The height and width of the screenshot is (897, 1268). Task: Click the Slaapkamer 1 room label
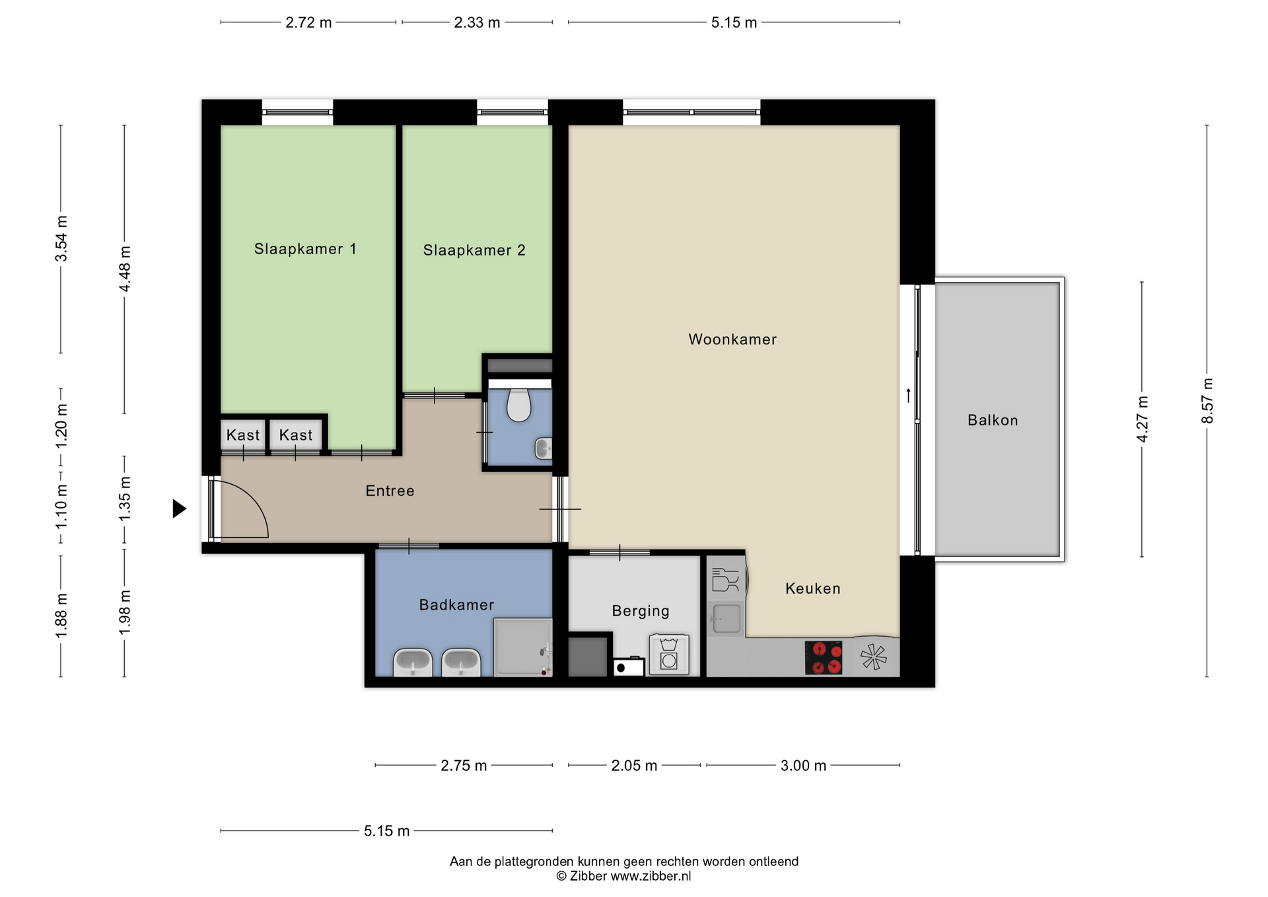tap(305, 249)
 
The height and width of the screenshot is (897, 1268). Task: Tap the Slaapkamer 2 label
tap(474, 250)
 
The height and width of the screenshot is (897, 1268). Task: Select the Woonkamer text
tap(732, 340)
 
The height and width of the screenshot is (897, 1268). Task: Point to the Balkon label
tap(993, 420)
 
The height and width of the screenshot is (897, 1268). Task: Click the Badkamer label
tap(456, 604)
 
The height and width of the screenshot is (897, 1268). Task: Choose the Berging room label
tap(641, 611)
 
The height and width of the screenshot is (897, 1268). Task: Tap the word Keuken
tap(812, 589)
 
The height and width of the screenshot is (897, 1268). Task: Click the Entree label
tap(390, 491)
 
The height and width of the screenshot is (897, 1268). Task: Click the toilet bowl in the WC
tap(519, 405)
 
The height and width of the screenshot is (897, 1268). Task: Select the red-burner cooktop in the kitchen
tap(824, 658)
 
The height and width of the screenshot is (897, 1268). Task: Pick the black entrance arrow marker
tap(179, 509)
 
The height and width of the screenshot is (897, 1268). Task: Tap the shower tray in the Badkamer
tap(522, 647)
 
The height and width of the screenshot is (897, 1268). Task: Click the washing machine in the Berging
tap(668, 655)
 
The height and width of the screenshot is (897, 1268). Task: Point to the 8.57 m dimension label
tap(1207, 401)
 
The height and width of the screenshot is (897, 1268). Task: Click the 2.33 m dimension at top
tap(477, 22)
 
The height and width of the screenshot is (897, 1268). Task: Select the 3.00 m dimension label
tap(803, 766)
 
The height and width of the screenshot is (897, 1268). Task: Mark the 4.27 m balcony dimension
tap(1142, 419)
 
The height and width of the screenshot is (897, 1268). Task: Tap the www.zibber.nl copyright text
tap(651, 877)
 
